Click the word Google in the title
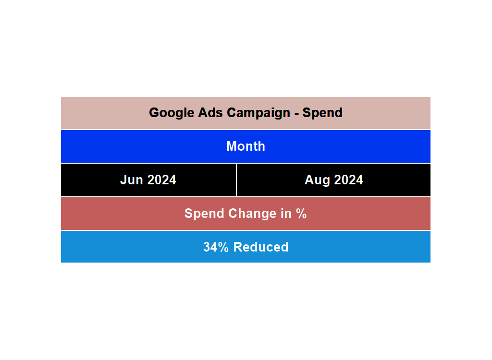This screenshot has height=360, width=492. point(169,113)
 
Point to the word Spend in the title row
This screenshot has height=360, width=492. point(322,113)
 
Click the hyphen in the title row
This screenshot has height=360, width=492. point(296,113)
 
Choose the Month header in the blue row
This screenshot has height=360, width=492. point(246,146)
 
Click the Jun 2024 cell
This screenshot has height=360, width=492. point(148,180)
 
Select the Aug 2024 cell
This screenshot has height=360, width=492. point(333,180)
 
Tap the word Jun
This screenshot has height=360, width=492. point(132,180)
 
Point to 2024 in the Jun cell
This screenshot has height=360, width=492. point(162,180)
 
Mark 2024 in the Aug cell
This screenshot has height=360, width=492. point(348,180)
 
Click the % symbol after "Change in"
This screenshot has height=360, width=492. point(302,214)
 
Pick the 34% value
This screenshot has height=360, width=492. point(216,247)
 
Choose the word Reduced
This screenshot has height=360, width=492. point(261,247)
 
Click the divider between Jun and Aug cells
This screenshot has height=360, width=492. point(236,180)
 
